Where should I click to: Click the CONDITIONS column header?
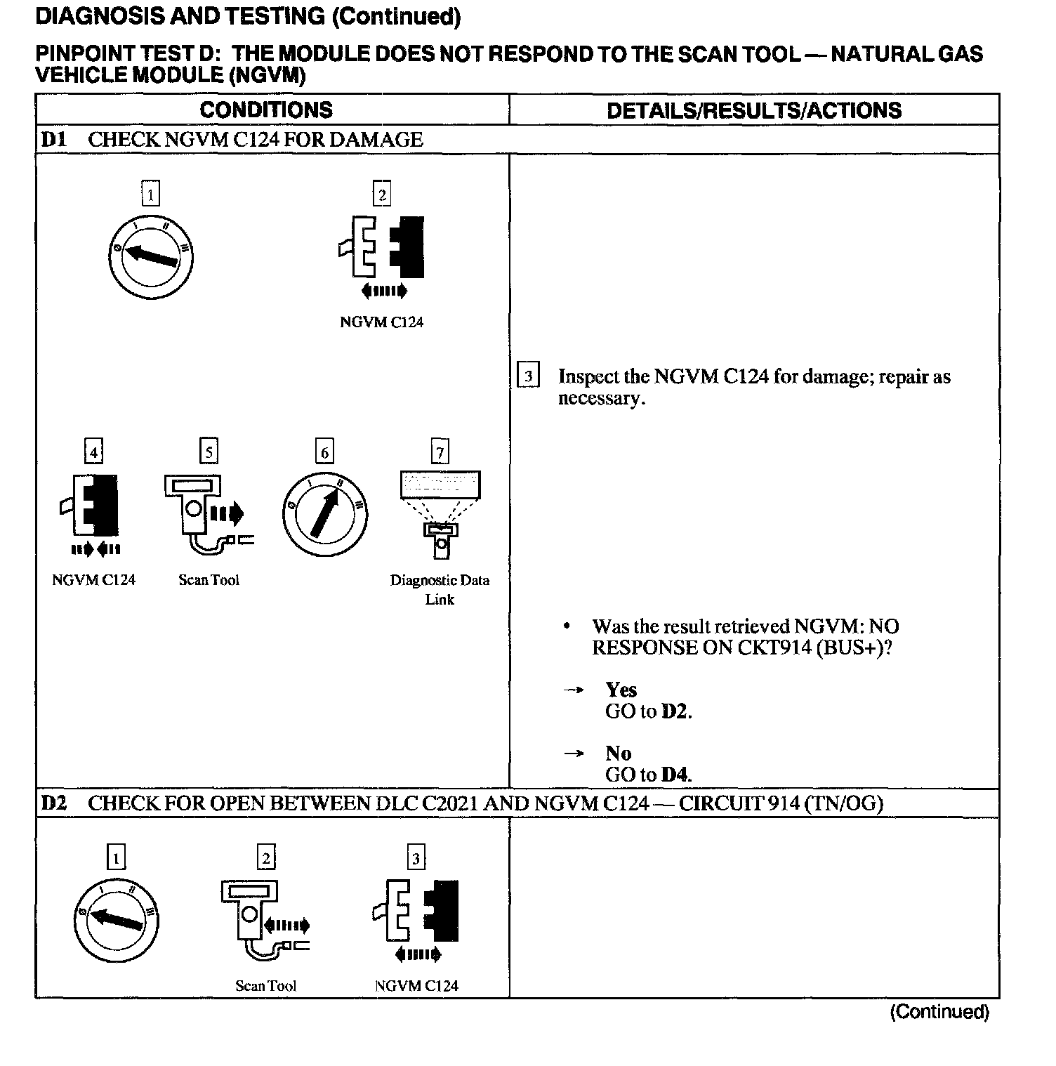point(266,110)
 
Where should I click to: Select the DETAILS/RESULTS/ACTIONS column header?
point(753,110)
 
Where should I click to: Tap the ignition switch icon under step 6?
point(324,514)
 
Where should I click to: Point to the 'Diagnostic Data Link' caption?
point(440,589)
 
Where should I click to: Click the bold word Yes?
point(621,690)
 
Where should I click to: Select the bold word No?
point(619,754)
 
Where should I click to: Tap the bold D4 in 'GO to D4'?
point(675,775)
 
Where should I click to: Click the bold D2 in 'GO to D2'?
point(675,711)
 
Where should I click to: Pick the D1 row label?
point(53,139)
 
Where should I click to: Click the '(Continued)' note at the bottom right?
point(939,1012)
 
